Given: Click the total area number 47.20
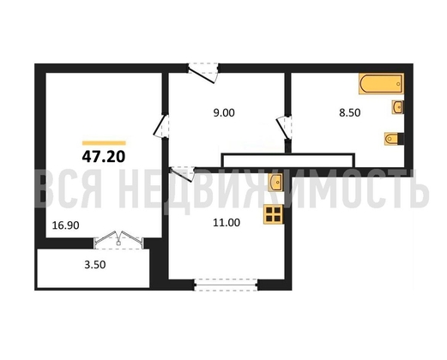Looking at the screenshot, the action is [104, 157].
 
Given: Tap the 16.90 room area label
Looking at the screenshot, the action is [65, 225].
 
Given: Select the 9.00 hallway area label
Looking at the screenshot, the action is [224, 113].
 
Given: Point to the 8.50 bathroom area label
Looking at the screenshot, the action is [349, 113].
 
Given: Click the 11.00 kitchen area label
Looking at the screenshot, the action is [227, 223].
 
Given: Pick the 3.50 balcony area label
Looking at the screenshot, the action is [95, 265].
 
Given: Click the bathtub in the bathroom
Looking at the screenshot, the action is [381, 84].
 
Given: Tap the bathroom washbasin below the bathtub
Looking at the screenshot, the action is [397, 107].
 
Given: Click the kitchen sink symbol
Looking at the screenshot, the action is [275, 182].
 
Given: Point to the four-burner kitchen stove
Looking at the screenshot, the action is [273, 214].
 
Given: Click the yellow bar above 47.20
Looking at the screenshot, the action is [104, 143].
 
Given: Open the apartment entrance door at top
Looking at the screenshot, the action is [203, 73].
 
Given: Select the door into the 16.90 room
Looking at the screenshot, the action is [161, 126].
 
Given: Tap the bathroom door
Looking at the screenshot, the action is [284, 128].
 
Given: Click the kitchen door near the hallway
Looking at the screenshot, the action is [182, 173].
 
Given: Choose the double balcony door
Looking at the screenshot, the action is [118, 240].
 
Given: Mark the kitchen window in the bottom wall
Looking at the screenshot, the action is [226, 285].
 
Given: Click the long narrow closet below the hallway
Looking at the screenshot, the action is [288, 160].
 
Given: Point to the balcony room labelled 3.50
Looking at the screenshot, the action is [94, 268].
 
